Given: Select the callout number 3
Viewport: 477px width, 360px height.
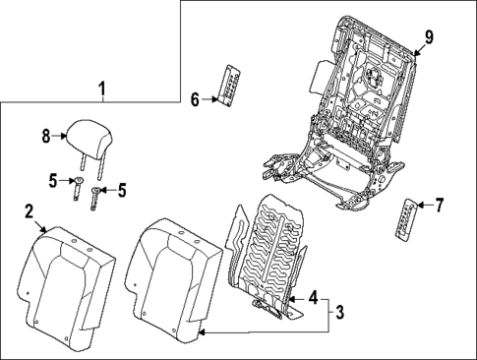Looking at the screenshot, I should tap(338, 313).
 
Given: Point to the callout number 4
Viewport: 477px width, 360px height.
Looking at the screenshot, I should tap(312, 297).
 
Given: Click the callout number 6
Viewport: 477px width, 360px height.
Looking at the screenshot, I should tap(195, 99).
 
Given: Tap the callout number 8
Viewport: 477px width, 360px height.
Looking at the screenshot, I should tap(45, 139).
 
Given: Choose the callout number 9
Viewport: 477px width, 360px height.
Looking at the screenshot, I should tap(429, 37).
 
